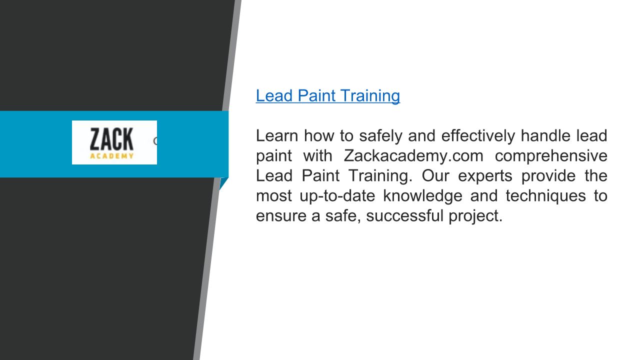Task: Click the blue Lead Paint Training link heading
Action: click(x=327, y=95)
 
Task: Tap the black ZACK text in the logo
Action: click(x=111, y=139)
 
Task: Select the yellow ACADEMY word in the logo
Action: click(x=111, y=155)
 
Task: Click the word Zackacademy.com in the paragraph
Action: click(x=413, y=156)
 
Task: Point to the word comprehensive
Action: click(x=551, y=156)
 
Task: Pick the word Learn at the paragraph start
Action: click(x=276, y=135)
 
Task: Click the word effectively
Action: click(x=477, y=136)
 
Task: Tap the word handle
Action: click(x=545, y=135)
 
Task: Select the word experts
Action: click(x=485, y=176)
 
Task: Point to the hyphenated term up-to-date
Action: click(x=337, y=196)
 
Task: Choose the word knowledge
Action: click(x=422, y=196)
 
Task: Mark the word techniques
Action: click(x=545, y=196)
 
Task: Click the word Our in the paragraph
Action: click(x=435, y=175)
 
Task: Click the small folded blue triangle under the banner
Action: click(x=223, y=183)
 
